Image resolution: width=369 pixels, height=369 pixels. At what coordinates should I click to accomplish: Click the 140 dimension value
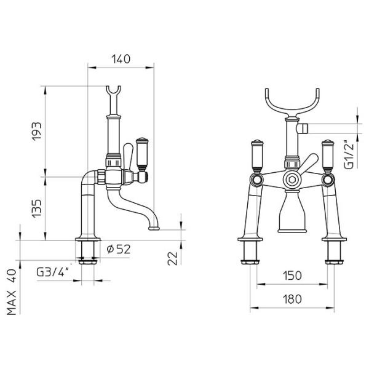(121, 59)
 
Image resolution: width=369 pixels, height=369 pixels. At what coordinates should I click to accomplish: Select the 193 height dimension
(36, 130)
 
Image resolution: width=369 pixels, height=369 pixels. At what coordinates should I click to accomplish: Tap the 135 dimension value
(36, 208)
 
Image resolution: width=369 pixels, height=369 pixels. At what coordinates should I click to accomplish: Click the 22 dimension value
(173, 258)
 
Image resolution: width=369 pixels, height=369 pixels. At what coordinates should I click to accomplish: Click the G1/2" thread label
(349, 154)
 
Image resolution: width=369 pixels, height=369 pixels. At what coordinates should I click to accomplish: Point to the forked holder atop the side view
(113, 95)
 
